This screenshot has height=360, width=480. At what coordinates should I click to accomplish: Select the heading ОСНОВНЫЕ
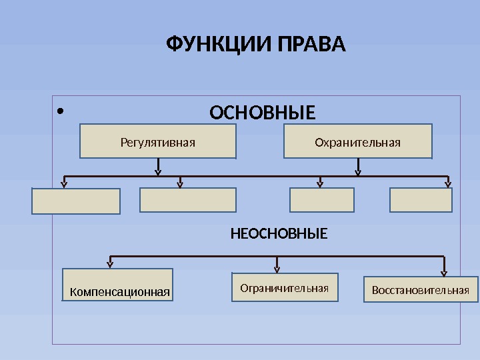coord(263,113)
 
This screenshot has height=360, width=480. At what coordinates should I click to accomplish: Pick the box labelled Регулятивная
coord(158,141)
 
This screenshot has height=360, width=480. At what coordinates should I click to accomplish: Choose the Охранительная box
coord(358,141)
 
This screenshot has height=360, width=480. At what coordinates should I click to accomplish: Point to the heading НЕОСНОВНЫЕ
coord(279,234)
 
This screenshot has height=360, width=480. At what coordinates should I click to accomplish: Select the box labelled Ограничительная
coord(285,287)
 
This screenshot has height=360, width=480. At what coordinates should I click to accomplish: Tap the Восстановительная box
coord(421,289)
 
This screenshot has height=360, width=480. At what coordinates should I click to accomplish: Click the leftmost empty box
coord(76,201)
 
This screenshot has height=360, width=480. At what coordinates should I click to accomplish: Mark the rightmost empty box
coord(421,200)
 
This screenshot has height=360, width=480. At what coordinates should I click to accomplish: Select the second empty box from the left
coord(188,200)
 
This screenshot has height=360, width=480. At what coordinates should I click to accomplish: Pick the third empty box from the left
coord(323,200)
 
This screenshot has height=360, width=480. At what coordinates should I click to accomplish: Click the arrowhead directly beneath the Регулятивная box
coord(158,171)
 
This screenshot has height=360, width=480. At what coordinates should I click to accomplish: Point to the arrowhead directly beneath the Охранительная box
coord(358,171)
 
